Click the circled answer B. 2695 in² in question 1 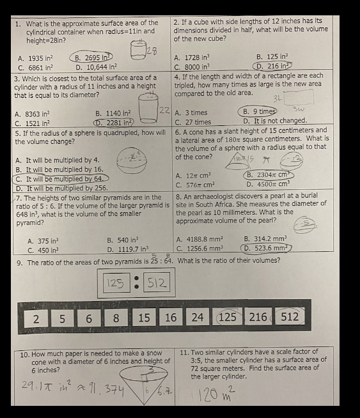[93, 58]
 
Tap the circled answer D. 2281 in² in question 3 [114, 123]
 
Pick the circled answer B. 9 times [258, 112]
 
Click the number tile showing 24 [198, 318]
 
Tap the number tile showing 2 [36, 318]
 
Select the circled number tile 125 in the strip [228, 318]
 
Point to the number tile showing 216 [258, 318]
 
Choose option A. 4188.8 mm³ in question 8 [199, 241]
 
